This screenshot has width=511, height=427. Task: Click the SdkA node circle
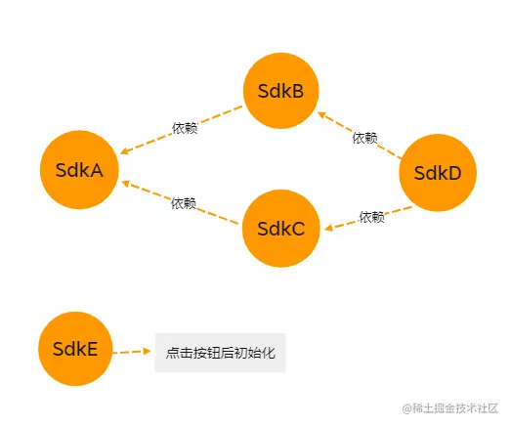click(x=79, y=170)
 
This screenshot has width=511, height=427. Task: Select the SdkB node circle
click(x=281, y=92)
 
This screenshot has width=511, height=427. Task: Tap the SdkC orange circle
click(x=281, y=229)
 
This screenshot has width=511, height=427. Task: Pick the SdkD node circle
click(x=438, y=173)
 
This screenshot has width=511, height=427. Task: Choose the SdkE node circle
click(x=75, y=349)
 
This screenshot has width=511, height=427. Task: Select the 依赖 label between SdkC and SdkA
click(x=184, y=203)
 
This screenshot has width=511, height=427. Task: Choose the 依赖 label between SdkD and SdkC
click(x=372, y=217)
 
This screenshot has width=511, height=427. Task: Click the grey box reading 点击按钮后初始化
click(x=221, y=352)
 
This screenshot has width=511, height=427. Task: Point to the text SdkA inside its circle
click(x=79, y=170)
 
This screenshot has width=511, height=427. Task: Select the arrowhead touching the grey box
click(x=149, y=350)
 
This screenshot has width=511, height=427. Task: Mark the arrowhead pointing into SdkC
click(x=330, y=229)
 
